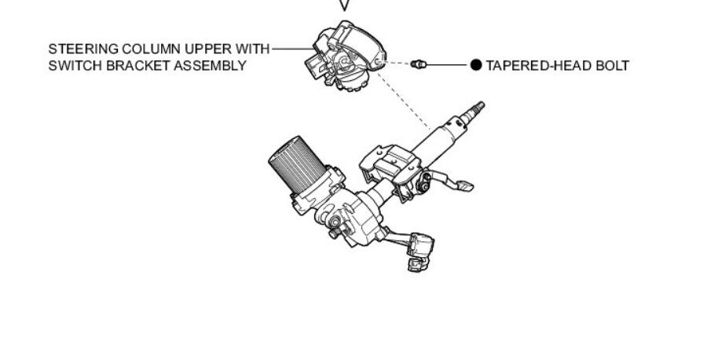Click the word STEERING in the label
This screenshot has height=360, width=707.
(78, 50)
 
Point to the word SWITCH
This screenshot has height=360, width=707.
(71, 65)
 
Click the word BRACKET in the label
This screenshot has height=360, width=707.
(130, 65)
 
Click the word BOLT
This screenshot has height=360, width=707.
(611, 66)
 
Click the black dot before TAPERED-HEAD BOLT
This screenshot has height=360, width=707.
(475, 65)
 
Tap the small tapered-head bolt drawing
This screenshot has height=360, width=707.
(417, 64)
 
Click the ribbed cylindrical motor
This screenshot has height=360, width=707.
(294, 168)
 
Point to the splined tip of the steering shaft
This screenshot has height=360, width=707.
(476, 108)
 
